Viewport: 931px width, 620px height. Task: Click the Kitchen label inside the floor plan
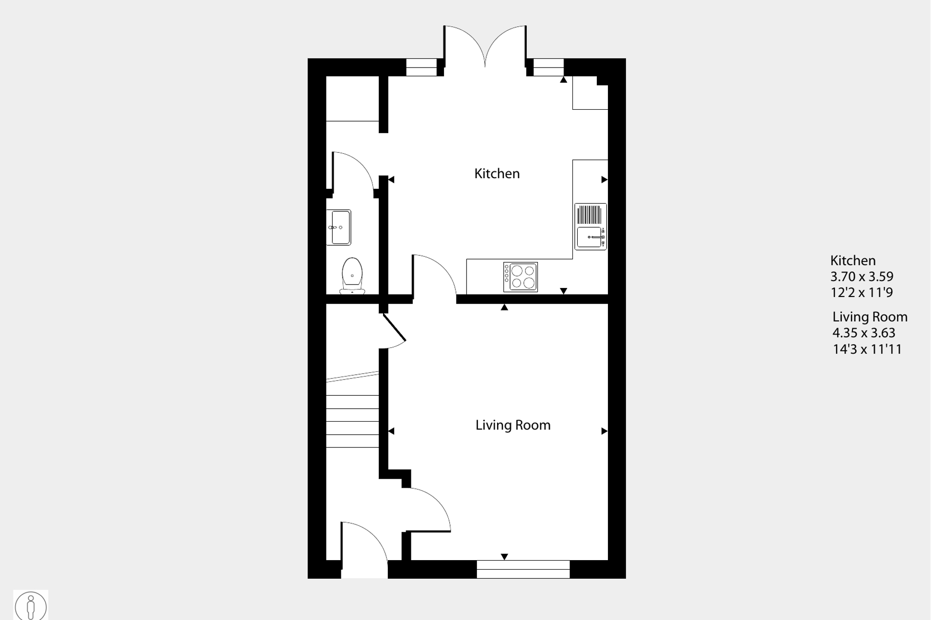pos(497,173)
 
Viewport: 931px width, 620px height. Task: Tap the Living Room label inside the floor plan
pos(512,425)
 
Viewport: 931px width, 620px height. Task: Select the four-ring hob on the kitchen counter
pos(521,277)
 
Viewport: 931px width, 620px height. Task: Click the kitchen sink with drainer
pos(591,227)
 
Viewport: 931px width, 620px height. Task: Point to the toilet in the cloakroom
pos(352,276)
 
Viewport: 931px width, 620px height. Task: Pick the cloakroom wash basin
pos(339,227)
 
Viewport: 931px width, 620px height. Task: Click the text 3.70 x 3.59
pos(861,276)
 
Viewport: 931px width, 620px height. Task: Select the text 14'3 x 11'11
pos(867,349)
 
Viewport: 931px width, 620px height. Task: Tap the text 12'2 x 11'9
pos(861,292)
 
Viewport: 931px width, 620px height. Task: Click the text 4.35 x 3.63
pos(863,333)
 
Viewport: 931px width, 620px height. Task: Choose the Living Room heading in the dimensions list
pos(870,317)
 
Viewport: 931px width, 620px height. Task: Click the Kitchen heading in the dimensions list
pos(853,261)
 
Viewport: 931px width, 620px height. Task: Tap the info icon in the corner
pos(31,605)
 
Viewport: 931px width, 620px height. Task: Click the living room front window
pos(523,569)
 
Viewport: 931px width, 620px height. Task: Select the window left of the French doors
pos(421,68)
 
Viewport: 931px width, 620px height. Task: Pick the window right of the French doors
pos(548,68)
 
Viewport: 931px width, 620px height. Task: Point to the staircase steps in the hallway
pos(352,421)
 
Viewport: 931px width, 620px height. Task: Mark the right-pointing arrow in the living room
pos(604,431)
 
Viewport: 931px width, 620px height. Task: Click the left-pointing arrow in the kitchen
pos(391,180)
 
